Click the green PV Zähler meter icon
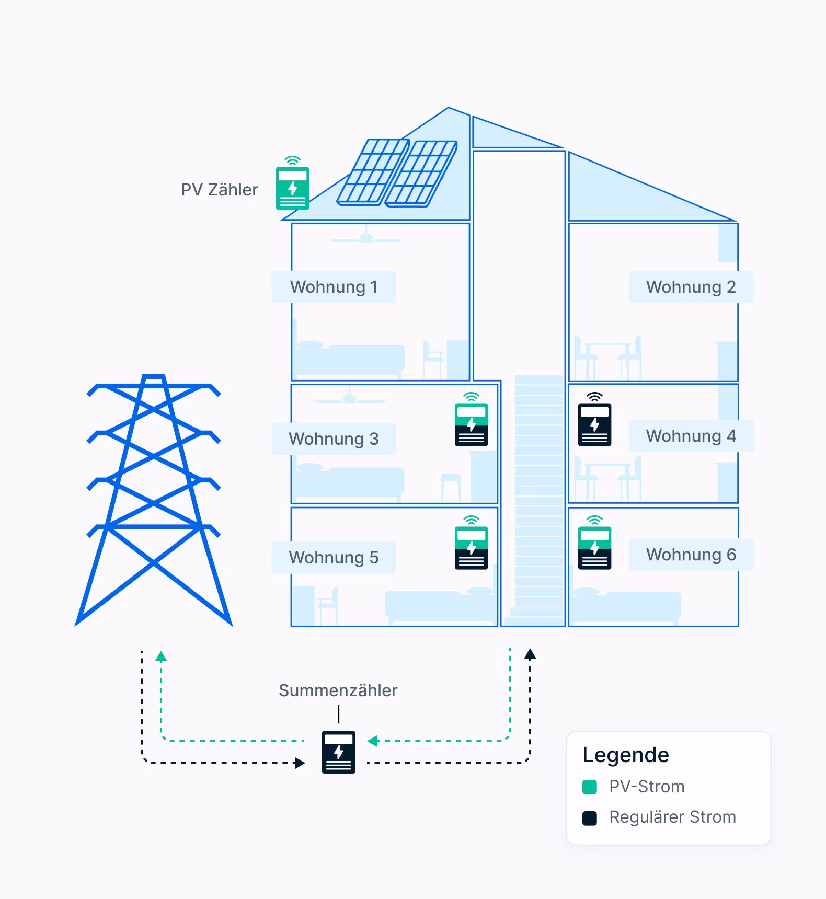click(x=292, y=188)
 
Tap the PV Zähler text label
click(x=219, y=190)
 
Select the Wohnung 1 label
click(x=334, y=287)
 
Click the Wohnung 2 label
click(x=691, y=287)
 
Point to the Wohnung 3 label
click(x=334, y=439)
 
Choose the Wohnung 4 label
click(x=691, y=436)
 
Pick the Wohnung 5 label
click(x=334, y=558)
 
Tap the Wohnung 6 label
click(x=691, y=555)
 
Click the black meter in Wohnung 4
click(x=594, y=424)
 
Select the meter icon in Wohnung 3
click(x=471, y=424)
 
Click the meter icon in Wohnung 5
click(x=471, y=547)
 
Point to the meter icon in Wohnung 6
click(x=594, y=547)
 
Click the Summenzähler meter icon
click(x=338, y=752)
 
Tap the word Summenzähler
click(x=338, y=690)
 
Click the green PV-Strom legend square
click(x=590, y=787)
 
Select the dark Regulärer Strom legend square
click(x=590, y=818)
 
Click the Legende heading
click(x=626, y=755)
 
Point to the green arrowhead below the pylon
click(x=161, y=656)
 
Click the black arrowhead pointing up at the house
click(x=530, y=654)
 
